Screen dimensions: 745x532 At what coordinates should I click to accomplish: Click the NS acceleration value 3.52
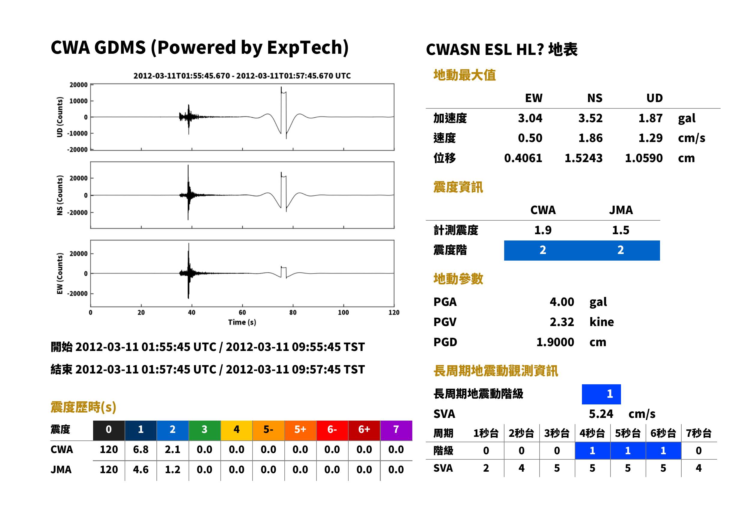click(x=590, y=118)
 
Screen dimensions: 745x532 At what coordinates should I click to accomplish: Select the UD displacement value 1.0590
click(x=644, y=158)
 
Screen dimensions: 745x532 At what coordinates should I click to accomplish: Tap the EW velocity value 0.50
click(x=530, y=138)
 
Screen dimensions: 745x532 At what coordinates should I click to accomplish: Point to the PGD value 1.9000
click(x=555, y=342)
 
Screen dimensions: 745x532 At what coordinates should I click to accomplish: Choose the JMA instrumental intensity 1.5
click(x=620, y=230)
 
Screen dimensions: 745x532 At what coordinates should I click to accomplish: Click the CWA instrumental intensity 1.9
click(x=543, y=230)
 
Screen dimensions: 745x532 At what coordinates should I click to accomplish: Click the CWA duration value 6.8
click(x=141, y=449)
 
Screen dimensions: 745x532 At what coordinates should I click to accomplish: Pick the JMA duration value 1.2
click(x=172, y=470)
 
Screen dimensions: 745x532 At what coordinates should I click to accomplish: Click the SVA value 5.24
click(x=601, y=414)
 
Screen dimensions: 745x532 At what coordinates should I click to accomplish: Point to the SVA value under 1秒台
click(x=486, y=468)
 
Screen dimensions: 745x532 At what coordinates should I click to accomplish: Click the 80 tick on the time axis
click(x=293, y=313)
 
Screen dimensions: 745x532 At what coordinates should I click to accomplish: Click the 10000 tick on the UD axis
click(x=78, y=101)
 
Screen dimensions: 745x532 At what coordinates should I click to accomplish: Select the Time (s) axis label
click(x=242, y=322)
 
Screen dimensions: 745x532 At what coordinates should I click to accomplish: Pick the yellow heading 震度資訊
click(x=458, y=187)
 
